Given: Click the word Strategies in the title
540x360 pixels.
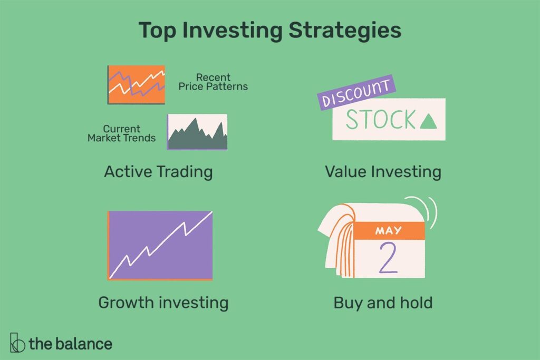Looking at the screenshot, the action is coord(345,31).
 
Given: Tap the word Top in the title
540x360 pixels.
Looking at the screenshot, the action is coord(157,31).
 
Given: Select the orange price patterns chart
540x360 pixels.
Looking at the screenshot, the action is coord(137,85).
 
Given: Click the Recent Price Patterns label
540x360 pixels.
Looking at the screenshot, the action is coord(213,82).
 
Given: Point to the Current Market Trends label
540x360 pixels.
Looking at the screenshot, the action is coord(122,133).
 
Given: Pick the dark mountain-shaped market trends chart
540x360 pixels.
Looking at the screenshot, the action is coord(197,132).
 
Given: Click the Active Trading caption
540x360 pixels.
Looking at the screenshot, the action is coord(158,171).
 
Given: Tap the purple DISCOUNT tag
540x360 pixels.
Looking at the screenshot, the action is coord(356,92).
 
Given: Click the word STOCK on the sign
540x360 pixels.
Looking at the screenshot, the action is coord(381,120).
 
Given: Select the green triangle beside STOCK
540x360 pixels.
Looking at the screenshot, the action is coord(428,122).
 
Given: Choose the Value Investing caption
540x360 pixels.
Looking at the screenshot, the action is coord(383,172).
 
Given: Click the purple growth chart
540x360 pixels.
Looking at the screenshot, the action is coord(160,246).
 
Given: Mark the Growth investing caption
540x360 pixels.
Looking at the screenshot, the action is coord(163,303).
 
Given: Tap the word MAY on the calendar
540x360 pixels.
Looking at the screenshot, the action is coord(389,230).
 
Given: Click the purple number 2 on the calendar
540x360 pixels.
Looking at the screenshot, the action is coord(388,257).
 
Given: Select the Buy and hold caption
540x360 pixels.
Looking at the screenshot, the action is coord(383,303).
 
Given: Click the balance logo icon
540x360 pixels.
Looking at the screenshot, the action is coord(17,343).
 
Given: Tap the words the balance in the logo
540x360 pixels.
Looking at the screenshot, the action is coord(71,344).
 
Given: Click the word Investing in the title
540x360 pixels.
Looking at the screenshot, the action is coord(233,31).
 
